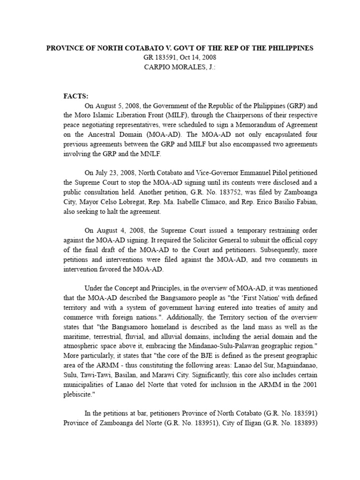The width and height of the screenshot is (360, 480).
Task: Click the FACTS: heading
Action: pos(76,96)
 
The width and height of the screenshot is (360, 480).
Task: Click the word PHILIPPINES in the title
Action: pos(285,48)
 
